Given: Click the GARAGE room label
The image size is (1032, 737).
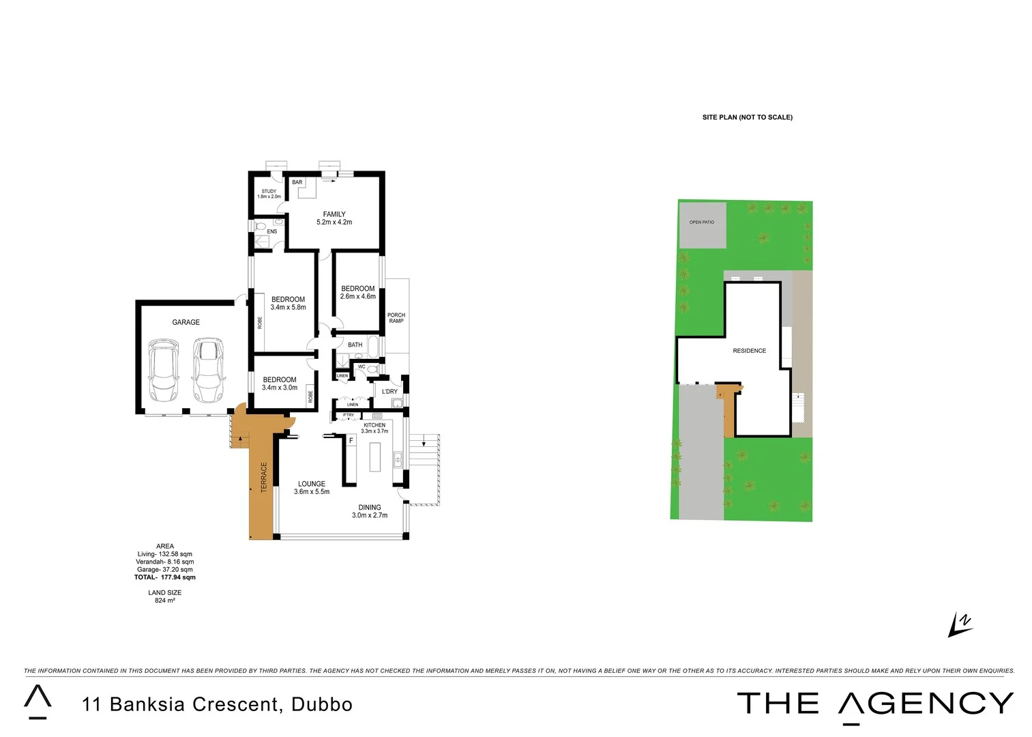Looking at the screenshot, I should pyautogui.click(x=186, y=322).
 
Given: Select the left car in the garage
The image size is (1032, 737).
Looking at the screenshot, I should pyautogui.click(x=164, y=371).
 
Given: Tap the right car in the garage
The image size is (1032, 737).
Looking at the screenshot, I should pyautogui.click(x=207, y=371).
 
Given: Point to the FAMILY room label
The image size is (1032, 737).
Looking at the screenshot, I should pyautogui.click(x=334, y=214).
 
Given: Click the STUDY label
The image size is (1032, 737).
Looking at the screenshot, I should pyautogui.click(x=269, y=192).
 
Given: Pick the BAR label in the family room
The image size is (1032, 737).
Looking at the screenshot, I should pyautogui.click(x=297, y=182).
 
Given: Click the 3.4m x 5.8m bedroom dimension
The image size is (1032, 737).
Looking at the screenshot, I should pyautogui.click(x=288, y=308).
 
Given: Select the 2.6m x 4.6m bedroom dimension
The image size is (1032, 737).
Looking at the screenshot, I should pyautogui.click(x=358, y=297).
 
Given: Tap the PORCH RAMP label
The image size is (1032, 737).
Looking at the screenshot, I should pyautogui.click(x=396, y=318).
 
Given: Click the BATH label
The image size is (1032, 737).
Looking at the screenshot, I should pyautogui.click(x=355, y=345).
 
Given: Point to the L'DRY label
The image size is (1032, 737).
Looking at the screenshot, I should pyautogui.click(x=389, y=392).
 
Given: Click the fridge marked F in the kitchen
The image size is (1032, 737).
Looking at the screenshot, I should pyautogui.click(x=351, y=441).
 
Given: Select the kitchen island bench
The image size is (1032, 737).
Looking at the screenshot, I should pyautogui.click(x=375, y=457).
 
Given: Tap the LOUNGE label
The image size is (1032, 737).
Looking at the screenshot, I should pyautogui.click(x=312, y=484).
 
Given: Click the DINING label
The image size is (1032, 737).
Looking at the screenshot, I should pyautogui.click(x=370, y=508).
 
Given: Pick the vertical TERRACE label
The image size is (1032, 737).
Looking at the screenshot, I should pyautogui.click(x=264, y=477).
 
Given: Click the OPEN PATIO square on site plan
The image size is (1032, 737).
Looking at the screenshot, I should pyautogui.click(x=703, y=225).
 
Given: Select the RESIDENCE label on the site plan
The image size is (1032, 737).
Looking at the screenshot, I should pyautogui.click(x=749, y=351).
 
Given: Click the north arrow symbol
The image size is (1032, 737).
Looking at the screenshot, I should pyautogui.click(x=960, y=625).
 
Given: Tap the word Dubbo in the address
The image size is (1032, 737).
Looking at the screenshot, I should pyautogui.click(x=322, y=704).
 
